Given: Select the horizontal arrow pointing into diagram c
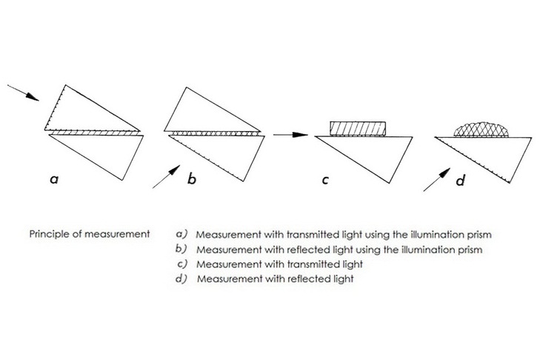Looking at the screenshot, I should [290, 135].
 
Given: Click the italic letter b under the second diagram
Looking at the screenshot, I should [191, 179].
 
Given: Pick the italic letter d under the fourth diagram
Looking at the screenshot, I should [460, 179].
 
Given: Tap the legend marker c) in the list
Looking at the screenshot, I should [181, 264].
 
